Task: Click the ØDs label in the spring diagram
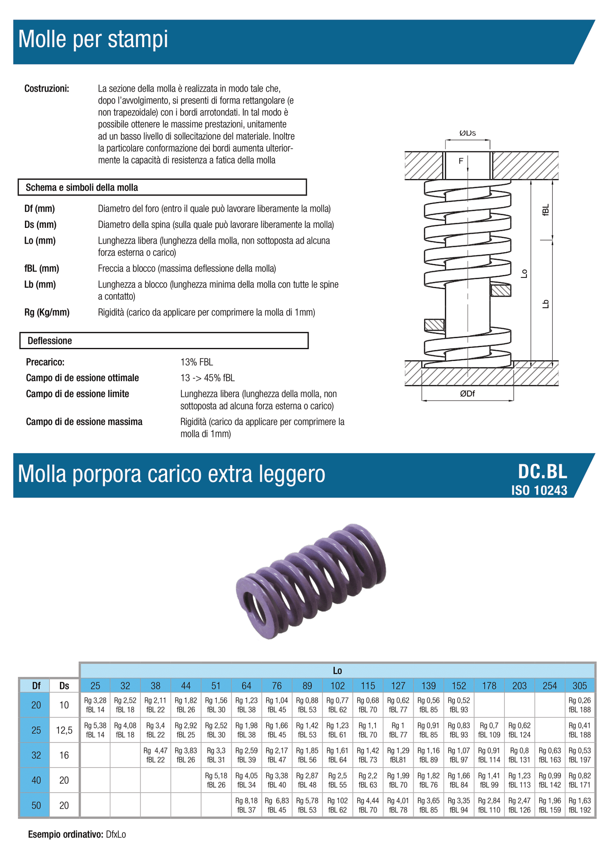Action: pyautogui.click(x=467, y=133)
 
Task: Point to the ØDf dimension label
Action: pyautogui.click(x=467, y=394)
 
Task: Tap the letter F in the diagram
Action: pyautogui.click(x=461, y=161)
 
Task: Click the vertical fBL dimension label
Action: pyautogui.click(x=546, y=210)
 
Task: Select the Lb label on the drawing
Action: pyautogui.click(x=546, y=304)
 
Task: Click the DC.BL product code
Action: pyautogui.click(x=542, y=472)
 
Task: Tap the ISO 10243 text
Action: pyautogui.click(x=539, y=490)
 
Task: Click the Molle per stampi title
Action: pyautogui.click(x=93, y=39)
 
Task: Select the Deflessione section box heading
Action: pyautogui.click(x=50, y=341)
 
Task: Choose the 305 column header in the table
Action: pyautogui.click(x=579, y=686)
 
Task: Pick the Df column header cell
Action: pyautogui.click(x=36, y=686)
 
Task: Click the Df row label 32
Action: pyautogui.click(x=36, y=755)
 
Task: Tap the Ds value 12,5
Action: pyautogui.click(x=64, y=730)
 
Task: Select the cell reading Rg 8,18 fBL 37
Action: pyautogui.click(x=246, y=805)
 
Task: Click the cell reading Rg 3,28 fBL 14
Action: pyautogui.click(x=95, y=705)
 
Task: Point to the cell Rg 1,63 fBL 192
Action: pyautogui.click(x=579, y=805)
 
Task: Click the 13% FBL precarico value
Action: pyautogui.click(x=196, y=362)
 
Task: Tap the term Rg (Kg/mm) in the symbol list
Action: pyautogui.click(x=47, y=313)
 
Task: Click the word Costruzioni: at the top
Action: pyautogui.click(x=47, y=89)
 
